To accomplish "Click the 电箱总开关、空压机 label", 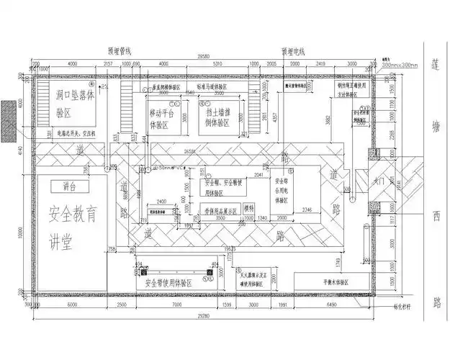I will tap(79, 133).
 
